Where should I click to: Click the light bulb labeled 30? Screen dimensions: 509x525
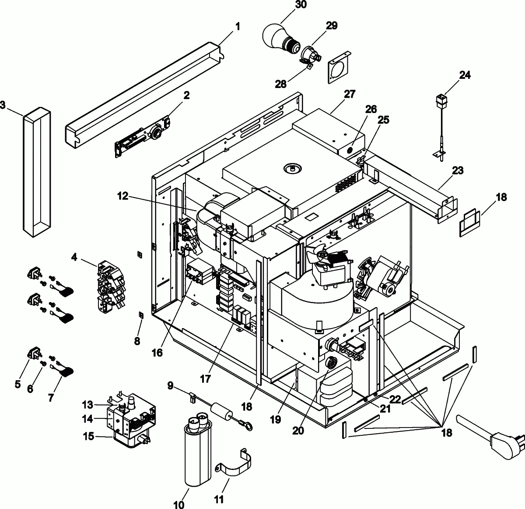[278, 34]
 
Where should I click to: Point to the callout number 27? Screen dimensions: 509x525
[350, 94]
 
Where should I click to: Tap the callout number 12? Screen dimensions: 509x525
[122, 197]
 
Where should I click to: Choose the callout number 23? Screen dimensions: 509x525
[458, 170]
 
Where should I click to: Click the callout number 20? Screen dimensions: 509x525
[298, 430]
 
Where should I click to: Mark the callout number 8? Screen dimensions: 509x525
[137, 341]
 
